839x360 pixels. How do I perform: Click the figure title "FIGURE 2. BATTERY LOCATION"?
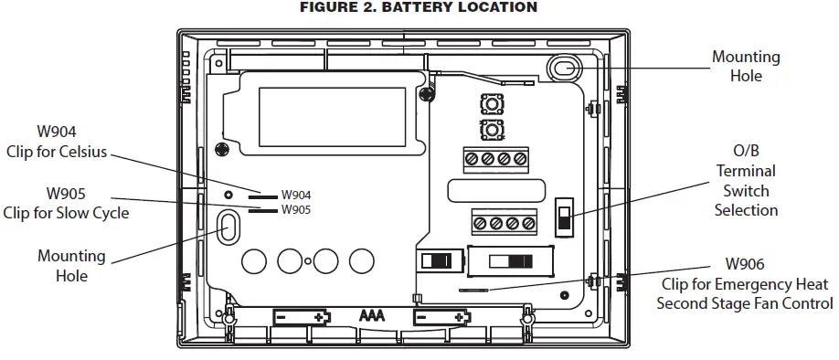pyautogui.click(x=419, y=7)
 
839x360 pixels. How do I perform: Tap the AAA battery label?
pyautogui.click(x=372, y=315)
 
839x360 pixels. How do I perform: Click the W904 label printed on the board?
pyautogui.click(x=296, y=196)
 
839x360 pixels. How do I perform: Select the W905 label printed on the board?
pyautogui.click(x=296, y=209)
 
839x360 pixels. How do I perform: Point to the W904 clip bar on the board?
pyautogui.click(x=262, y=196)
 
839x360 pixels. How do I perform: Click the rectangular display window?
pyautogui.click(x=332, y=117)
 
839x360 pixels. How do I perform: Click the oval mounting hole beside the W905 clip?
pyautogui.click(x=228, y=228)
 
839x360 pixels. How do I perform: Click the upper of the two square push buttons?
pyautogui.click(x=491, y=104)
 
